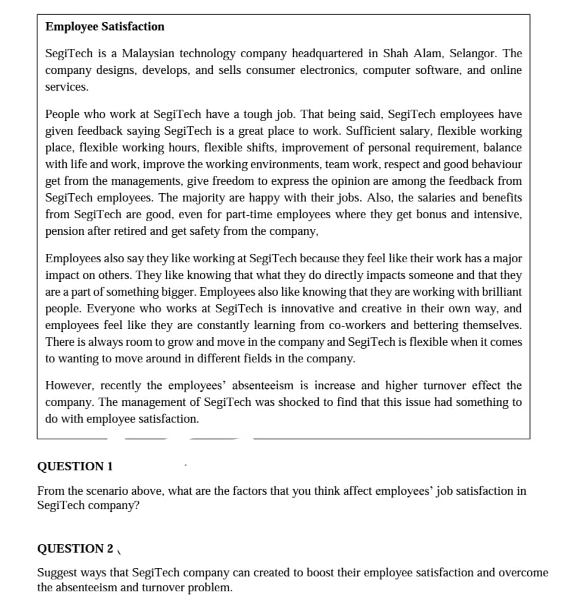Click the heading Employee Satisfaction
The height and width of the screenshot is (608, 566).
tap(105, 27)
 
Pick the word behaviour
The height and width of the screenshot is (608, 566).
tap(493, 164)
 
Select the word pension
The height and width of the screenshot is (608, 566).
tap(63, 231)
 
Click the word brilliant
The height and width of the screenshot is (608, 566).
tap(495, 292)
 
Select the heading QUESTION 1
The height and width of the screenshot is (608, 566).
tap(75, 466)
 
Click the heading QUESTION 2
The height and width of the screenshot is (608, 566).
tap(75, 548)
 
